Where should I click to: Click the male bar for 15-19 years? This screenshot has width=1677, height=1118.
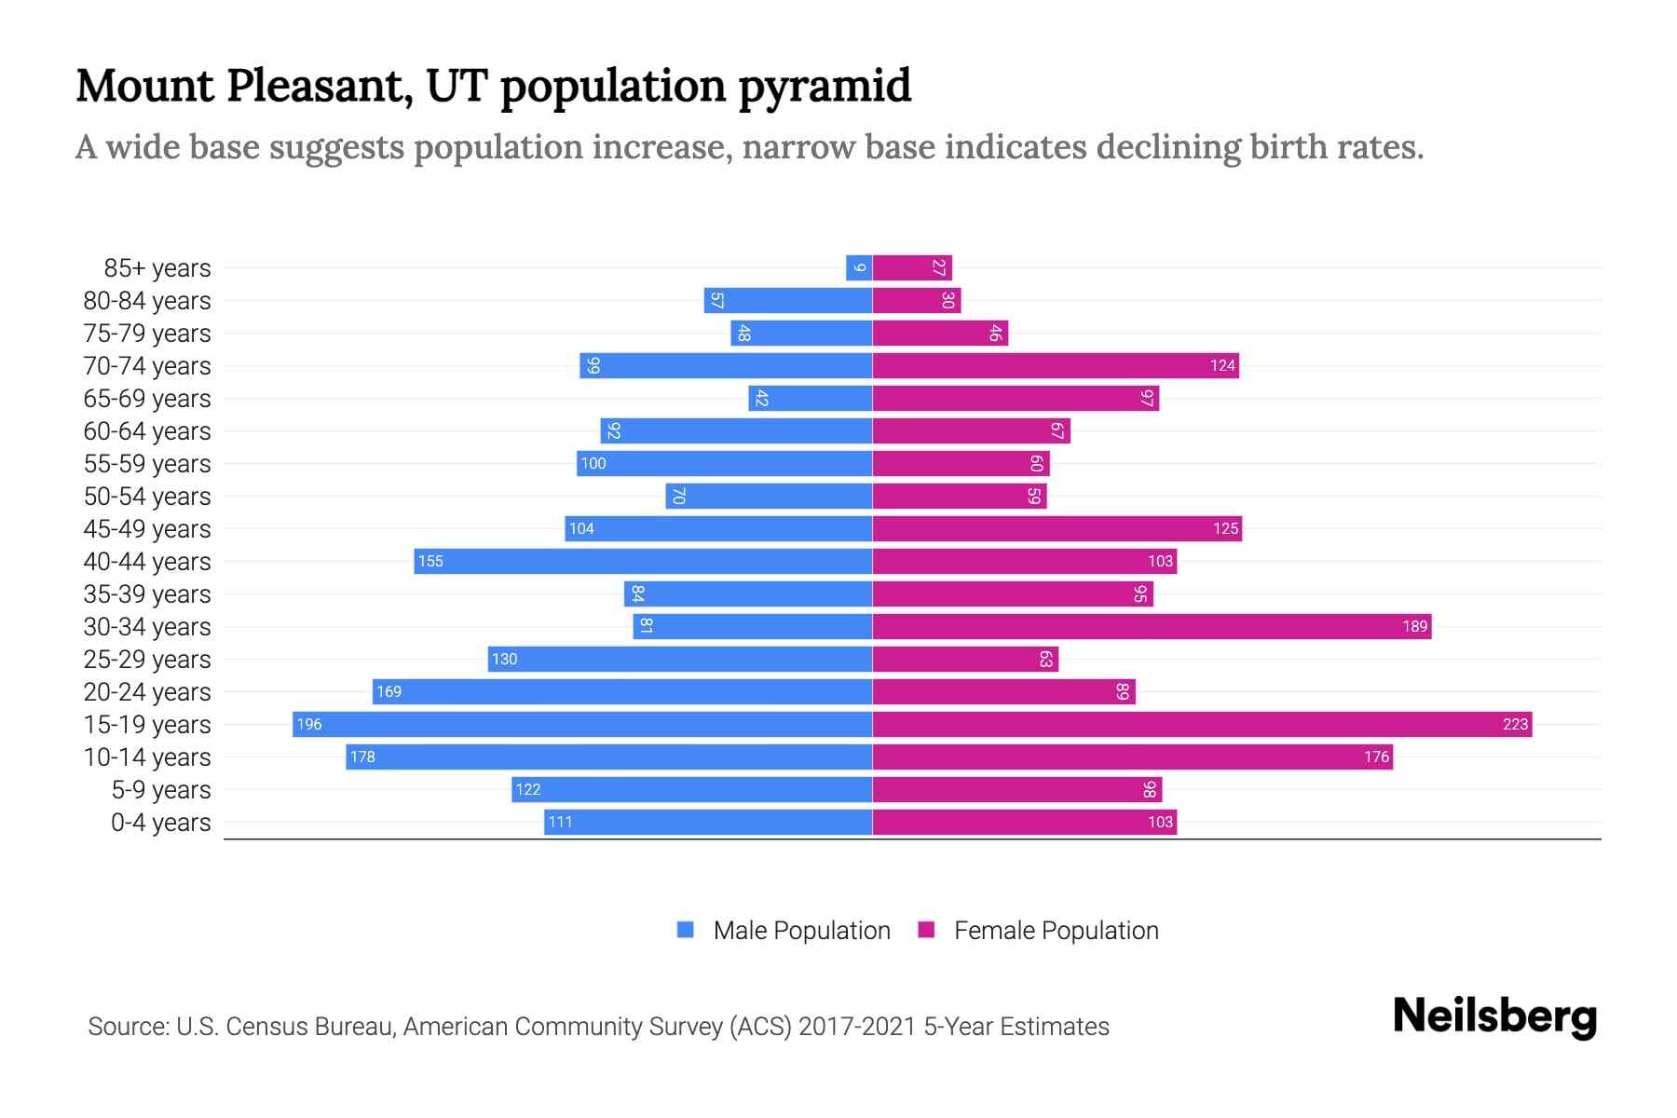pyautogui.click(x=582, y=725)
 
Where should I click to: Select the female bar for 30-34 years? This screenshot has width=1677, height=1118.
pyautogui.click(x=1152, y=627)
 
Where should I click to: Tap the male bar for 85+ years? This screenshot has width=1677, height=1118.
pyautogui.click(x=859, y=268)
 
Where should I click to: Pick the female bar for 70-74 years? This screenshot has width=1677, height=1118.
pyautogui.click(x=1056, y=366)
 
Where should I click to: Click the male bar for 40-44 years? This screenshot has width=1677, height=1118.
pyautogui.click(x=643, y=562)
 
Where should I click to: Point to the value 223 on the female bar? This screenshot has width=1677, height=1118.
pyautogui.click(x=1515, y=725)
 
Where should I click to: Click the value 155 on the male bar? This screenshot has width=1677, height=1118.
pyautogui.click(x=430, y=562)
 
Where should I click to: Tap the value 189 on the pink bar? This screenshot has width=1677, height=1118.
pyautogui.click(x=1414, y=627)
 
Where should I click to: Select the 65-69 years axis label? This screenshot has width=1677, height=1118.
pyautogui.click(x=147, y=399)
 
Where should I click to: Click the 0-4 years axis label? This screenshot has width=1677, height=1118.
pyautogui.click(x=160, y=823)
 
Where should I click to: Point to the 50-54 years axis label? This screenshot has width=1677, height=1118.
pyautogui.click(x=147, y=497)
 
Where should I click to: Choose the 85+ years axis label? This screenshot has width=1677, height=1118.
pyautogui.click(x=157, y=268)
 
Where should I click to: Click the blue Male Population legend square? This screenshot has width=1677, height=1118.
pyautogui.click(x=686, y=930)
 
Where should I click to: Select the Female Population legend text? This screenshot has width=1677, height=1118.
pyautogui.click(x=1056, y=931)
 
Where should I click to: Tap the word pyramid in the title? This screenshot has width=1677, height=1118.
pyautogui.click(x=825, y=86)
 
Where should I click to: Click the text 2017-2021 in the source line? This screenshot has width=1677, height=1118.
pyautogui.click(x=857, y=1027)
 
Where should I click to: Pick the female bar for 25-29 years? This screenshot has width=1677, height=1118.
pyautogui.click(x=965, y=660)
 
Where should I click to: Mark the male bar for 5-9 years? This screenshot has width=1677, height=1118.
pyautogui.click(x=691, y=790)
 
